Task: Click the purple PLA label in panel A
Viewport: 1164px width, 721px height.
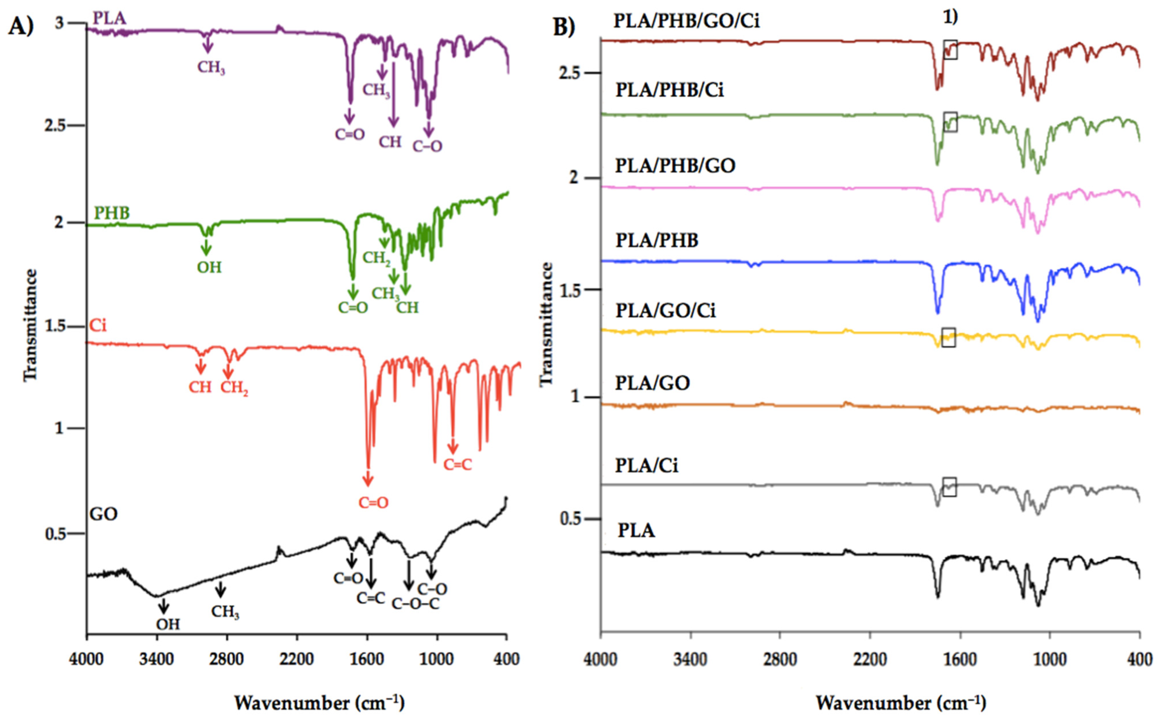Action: pos(110,18)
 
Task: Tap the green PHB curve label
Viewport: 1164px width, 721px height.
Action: pos(112,213)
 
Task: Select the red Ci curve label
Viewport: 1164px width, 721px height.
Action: pos(98,326)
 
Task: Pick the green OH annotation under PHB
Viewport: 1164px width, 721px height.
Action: pos(209,267)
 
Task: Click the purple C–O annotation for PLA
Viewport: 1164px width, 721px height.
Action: pos(427,146)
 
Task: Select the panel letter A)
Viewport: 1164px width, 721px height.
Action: pos(21,26)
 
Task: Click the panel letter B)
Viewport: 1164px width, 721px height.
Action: pos(564,27)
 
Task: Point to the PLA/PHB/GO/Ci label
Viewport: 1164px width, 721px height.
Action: pos(686,21)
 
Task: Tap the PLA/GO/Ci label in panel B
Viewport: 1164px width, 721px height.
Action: pos(665,311)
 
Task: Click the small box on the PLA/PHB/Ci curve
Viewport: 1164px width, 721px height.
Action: pos(950,122)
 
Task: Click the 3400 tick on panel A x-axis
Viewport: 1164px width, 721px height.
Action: pos(156,660)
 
